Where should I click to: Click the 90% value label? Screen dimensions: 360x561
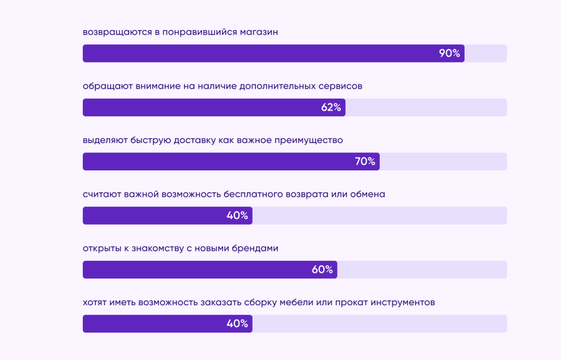click(449, 54)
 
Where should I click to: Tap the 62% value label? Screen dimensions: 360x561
click(331, 107)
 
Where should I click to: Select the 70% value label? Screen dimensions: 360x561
click(365, 162)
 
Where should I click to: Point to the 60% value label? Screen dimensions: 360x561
click(322, 270)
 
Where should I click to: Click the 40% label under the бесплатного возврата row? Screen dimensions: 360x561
click(237, 216)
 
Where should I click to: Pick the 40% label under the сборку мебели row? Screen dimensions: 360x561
click(237, 324)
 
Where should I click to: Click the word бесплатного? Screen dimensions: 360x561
click(260, 195)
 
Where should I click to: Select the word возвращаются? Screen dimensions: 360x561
click(116, 32)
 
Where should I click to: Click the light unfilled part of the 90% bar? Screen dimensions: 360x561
click(485, 54)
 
